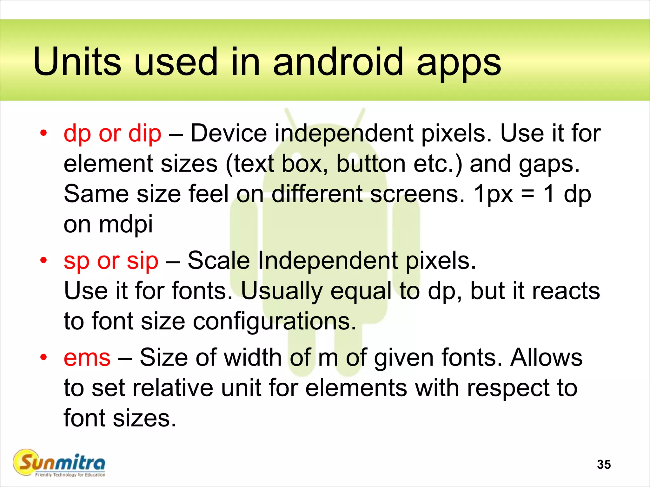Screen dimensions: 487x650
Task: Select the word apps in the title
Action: coord(458,63)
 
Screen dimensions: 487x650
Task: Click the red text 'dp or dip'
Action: coord(112,133)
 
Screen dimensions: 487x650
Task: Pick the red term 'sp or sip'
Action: coord(111,261)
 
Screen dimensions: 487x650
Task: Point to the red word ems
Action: coord(87,357)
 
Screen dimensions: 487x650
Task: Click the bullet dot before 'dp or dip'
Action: coord(43,133)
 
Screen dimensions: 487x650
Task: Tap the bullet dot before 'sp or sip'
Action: coord(43,260)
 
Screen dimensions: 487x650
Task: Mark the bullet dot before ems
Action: coord(43,357)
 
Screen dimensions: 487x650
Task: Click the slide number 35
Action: coord(604,464)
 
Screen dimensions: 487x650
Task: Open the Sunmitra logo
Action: coord(59,463)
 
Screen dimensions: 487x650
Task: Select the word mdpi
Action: coord(126,224)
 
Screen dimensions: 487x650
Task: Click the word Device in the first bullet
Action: coord(229,133)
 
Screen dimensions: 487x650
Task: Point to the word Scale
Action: coord(219,261)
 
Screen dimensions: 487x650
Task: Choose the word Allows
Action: coord(546,357)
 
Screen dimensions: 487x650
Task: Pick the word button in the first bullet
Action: coord(371,164)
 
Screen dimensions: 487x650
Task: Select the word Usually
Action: coord(281,291)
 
